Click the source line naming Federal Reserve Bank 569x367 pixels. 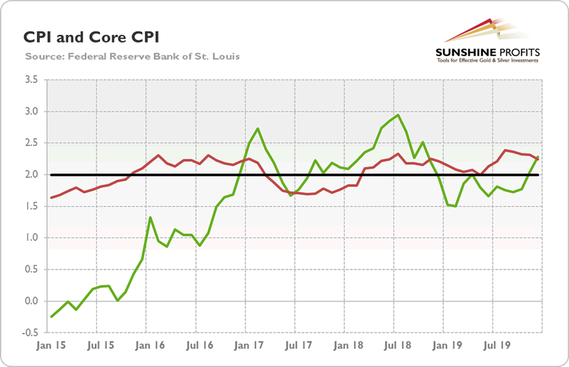[x=132, y=55]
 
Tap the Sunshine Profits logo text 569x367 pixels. [x=488, y=53]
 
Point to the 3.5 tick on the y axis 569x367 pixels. [x=31, y=80]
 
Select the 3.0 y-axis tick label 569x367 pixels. [x=31, y=112]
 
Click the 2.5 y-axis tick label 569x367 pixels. [x=31, y=143]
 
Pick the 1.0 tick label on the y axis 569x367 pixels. [x=31, y=238]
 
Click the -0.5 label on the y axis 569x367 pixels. [x=29, y=332]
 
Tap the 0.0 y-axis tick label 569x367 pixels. [x=31, y=301]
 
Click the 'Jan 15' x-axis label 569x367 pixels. [x=51, y=349]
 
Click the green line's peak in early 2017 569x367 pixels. [x=257, y=129]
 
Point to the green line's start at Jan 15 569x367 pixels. [x=51, y=317]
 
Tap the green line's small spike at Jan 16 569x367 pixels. [x=150, y=218]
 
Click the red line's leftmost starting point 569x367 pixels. [x=51, y=198]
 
